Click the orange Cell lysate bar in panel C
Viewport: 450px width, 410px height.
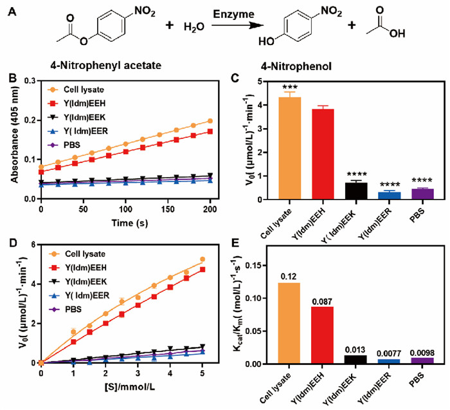290,148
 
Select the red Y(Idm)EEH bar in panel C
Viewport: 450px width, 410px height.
323,154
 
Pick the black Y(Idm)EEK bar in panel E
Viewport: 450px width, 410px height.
355,359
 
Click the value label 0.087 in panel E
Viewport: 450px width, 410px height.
323,302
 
